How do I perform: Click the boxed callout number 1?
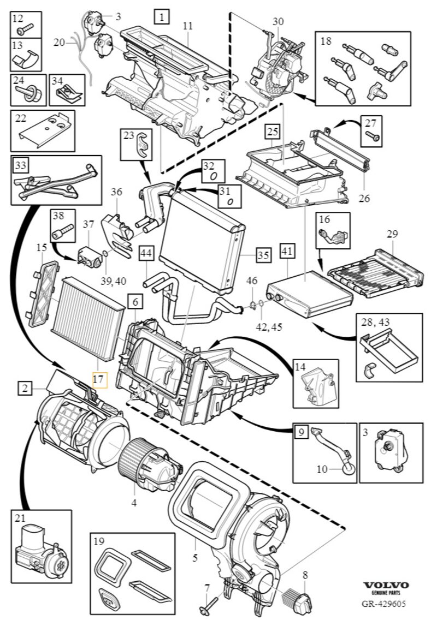click(x=162, y=17)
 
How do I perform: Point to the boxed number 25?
click(x=273, y=132)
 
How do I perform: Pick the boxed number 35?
click(x=264, y=255)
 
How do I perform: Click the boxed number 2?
click(x=25, y=389)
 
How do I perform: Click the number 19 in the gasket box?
click(x=99, y=542)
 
